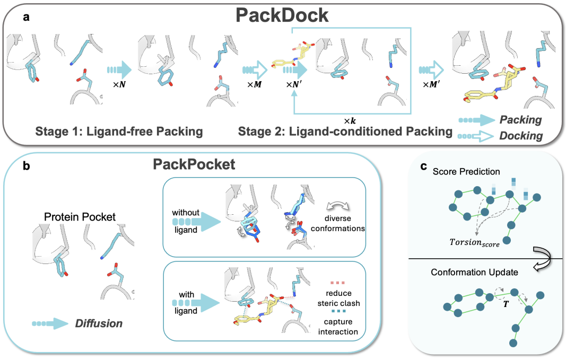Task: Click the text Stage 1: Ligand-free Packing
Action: [x=120, y=131]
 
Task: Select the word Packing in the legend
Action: [x=520, y=120]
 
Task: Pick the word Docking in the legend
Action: [x=520, y=136]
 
